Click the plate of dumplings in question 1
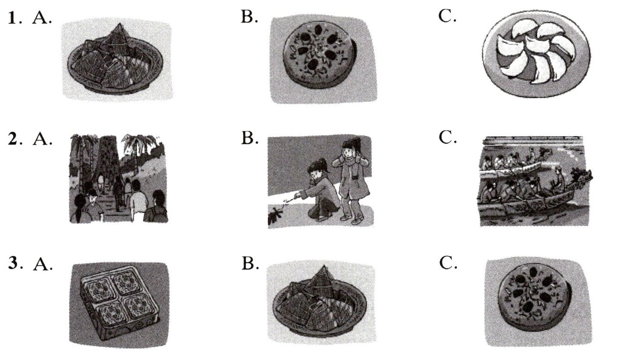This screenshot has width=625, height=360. coord(536,54)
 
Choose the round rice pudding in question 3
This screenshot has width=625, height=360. coord(534,299)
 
